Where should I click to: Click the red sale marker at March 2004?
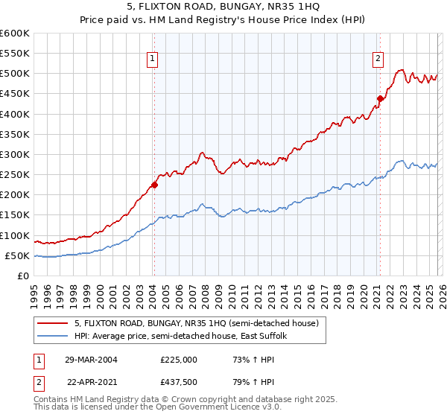(x=155, y=185)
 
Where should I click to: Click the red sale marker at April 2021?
(x=379, y=98)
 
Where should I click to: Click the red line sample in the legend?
(x=52, y=323)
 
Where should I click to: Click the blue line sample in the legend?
(x=52, y=336)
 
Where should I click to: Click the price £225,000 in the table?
(x=179, y=359)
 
